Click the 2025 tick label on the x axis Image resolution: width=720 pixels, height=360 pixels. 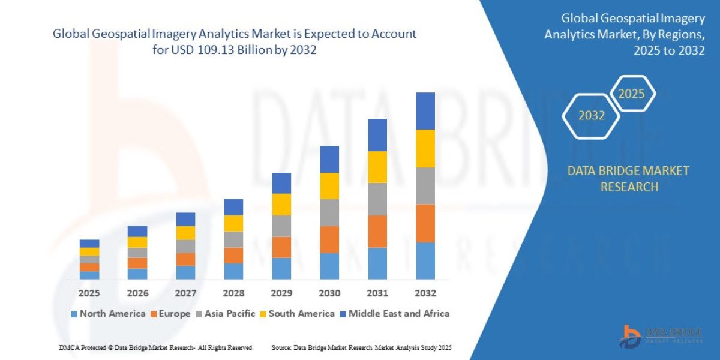tap(89, 293)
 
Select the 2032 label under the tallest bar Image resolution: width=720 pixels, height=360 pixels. tap(425, 293)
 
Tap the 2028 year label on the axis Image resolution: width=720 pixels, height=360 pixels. tap(233, 293)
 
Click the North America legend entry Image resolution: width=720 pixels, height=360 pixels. tap(108, 313)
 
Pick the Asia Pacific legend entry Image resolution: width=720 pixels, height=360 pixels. tap(225, 313)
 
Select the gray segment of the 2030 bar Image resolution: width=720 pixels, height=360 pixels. tap(329, 212)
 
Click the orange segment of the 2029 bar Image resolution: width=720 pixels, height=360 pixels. tap(281, 247)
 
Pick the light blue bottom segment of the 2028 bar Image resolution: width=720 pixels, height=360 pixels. tap(233, 271)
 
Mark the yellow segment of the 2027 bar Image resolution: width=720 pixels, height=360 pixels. tap(185, 233)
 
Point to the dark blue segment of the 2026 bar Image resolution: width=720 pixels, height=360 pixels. tap(137, 232)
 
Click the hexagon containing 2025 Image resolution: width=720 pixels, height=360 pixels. tap(631, 94)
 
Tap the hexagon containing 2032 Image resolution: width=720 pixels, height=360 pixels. tap(591, 116)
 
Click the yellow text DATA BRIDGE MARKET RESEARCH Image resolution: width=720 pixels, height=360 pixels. tap(628, 179)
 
